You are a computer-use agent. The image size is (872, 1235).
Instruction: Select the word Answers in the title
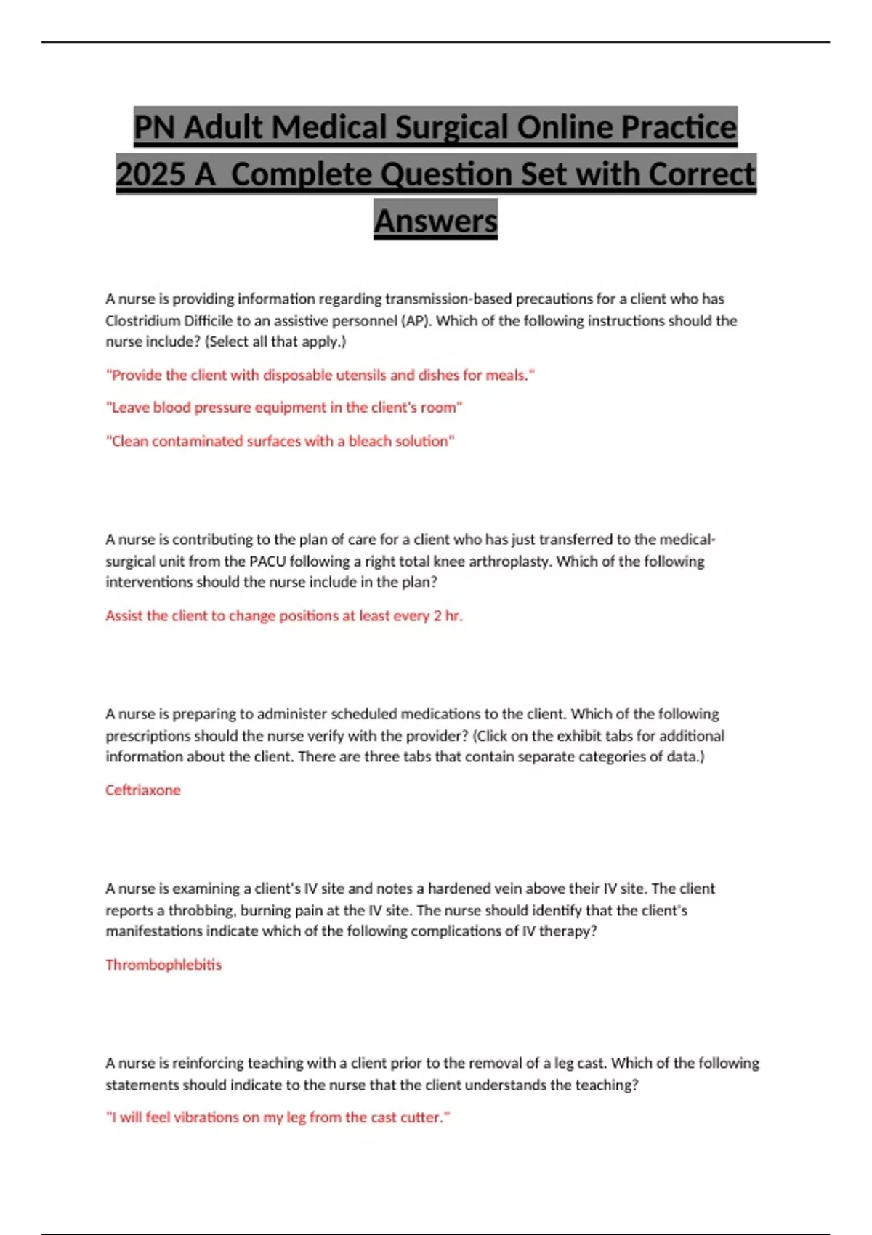pos(436,221)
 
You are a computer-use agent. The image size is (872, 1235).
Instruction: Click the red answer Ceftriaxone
pos(143,790)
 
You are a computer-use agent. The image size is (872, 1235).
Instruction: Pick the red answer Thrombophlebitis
pos(163,965)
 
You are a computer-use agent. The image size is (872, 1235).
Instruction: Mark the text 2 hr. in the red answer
pos(448,615)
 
